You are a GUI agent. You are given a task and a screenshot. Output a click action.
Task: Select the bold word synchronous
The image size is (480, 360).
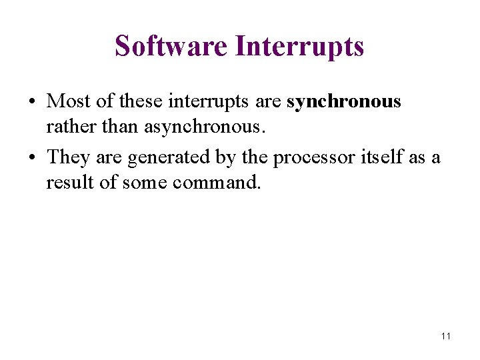click(343, 101)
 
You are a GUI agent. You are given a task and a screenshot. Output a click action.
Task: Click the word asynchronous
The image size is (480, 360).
click(209, 126)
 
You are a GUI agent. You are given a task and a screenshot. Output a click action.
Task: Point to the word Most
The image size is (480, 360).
click(70, 101)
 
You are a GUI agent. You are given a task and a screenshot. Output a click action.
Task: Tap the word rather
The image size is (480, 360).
click(67, 126)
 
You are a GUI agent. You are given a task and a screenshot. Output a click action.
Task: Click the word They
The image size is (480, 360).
click(70, 157)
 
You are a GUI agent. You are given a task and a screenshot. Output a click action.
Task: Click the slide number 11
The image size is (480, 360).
click(445, 336)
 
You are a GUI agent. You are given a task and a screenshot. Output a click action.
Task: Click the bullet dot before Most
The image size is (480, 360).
click(32, 102)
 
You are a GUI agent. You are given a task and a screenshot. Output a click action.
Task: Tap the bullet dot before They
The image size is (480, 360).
click(32, 158)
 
